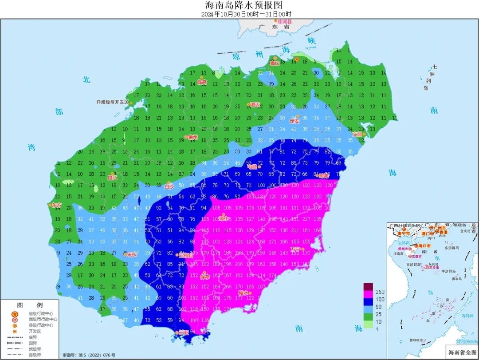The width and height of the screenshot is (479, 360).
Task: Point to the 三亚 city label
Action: point(183,332)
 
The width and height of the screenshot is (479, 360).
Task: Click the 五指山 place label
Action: point(185,255)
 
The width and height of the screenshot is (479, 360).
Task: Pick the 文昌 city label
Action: point(357,134)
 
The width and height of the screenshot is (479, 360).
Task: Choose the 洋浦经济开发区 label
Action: point(112,102)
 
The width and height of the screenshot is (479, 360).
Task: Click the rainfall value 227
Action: point(306,219)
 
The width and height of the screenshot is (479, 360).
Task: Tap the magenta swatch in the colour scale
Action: point(368,299)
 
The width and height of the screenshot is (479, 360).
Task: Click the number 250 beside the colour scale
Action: point(380,292)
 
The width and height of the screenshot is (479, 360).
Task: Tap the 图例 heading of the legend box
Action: point(30,305)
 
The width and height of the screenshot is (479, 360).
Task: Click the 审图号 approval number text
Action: point(89,355)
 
